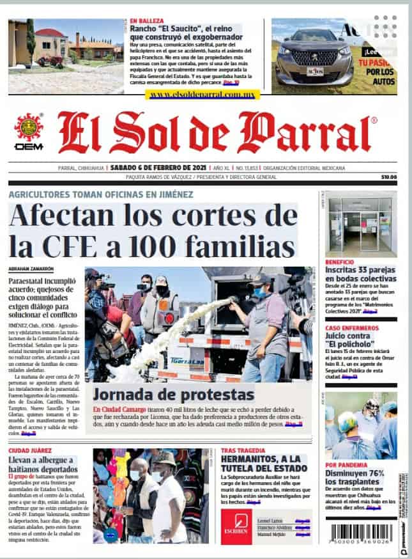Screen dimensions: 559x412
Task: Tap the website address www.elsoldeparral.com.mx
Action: [x=204, y=94]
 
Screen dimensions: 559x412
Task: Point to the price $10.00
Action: [x=388, y=177]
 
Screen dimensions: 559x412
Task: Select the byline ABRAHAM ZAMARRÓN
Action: [x=31, y=268]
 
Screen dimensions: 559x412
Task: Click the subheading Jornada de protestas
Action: [x=174, y=394]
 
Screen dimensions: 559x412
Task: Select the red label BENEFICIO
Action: [x=339, y=262]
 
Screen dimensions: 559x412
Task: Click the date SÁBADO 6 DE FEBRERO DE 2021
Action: [x=149, y=168]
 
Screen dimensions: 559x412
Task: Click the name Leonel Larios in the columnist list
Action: [x=271, y=521]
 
